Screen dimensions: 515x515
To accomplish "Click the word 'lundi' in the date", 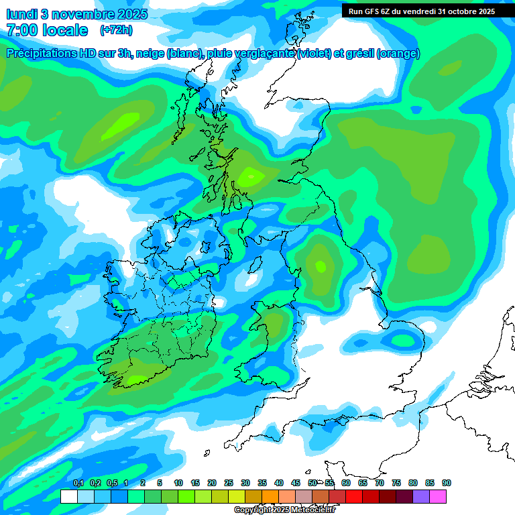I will point(21,13).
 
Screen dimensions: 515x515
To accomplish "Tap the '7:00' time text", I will point(22,30).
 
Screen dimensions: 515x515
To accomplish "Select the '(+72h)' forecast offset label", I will point(116,30).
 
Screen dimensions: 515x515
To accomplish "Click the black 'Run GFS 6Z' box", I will point(422,11).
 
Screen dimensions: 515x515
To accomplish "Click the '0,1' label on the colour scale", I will point(78,483).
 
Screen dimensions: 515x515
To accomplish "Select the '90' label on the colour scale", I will point(447,483).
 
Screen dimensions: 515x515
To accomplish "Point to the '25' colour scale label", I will point(229,483).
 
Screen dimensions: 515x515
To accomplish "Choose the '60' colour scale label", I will point(346,483).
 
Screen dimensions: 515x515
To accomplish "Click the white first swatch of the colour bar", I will point(68,496).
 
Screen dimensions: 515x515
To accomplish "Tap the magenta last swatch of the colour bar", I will point(438,496).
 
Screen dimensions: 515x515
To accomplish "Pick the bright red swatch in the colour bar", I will point(354,496).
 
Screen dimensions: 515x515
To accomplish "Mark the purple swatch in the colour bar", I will point(421,496).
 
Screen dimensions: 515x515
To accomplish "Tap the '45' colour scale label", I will point(296,483).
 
